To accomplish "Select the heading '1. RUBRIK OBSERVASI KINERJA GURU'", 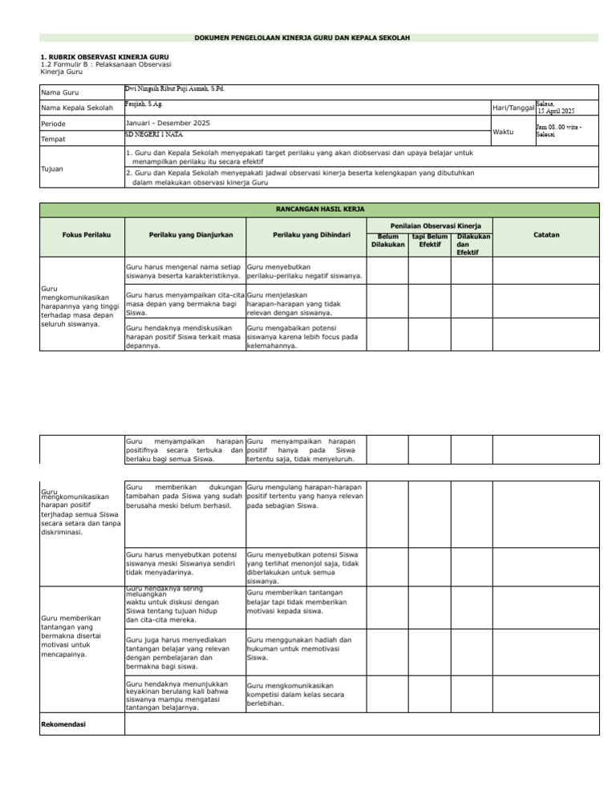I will pos(92,57).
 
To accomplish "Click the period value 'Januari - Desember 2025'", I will pos(168,123).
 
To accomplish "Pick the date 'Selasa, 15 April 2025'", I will pos(556,107).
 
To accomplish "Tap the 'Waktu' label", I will pos(504,132).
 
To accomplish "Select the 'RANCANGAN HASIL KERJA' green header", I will pos(319,209).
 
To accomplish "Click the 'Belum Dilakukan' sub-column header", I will pos(387,241).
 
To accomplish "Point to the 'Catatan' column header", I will pos(546,235).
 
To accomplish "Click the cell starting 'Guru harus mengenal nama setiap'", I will pos(184,271).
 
